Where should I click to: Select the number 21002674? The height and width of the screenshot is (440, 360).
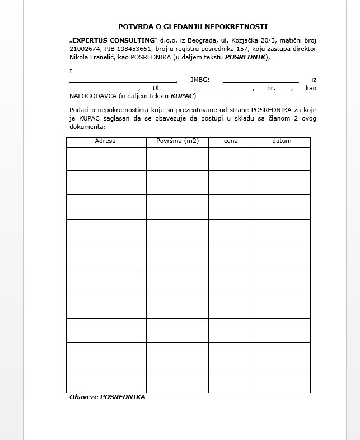(84, 49)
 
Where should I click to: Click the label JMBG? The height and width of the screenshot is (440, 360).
(200, 80)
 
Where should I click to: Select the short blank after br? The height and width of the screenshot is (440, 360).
(284, 89)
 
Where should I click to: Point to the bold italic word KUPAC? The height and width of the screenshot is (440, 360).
(183, 96)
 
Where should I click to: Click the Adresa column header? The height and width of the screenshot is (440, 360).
(105, 141)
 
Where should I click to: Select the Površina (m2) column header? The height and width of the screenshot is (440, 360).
(177, 141)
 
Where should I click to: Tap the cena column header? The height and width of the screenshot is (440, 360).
(231, 141)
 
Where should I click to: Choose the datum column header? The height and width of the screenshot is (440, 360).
(282, 141)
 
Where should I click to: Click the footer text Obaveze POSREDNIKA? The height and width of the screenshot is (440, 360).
(107, 397)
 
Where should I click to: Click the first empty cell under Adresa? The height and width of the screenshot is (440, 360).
(106, 159)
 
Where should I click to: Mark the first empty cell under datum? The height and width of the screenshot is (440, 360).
(282, 159)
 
